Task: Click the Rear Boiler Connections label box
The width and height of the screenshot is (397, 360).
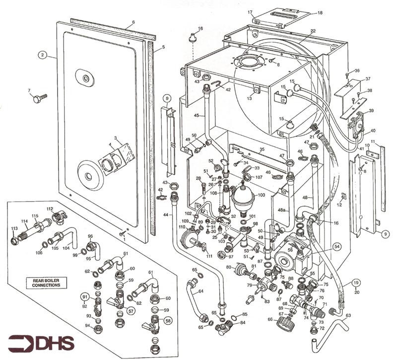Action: coord(45,283)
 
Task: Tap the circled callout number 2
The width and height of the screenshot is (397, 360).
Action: coord(44,55)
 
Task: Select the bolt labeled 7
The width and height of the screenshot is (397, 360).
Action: coord(39,98)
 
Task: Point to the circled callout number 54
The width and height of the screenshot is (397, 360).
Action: coord(337,246)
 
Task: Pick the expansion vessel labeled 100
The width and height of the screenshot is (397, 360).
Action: coord(242,197)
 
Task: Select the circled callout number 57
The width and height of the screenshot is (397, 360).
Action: coord(132,311)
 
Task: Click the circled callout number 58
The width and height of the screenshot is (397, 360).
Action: coord(168,321)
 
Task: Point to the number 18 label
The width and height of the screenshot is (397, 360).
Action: coord(320,12)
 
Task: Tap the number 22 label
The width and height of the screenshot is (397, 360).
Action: coord(313,31)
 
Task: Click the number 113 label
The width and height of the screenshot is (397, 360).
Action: coord(14,229)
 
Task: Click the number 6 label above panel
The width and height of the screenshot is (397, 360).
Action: coord(133,23)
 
